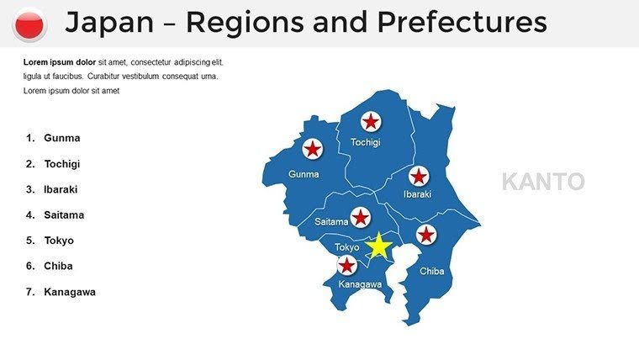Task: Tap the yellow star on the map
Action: click(379, 246)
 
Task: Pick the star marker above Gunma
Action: click(312, 149)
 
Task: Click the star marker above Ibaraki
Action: click(418, 176)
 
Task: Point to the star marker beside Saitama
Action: click(361, 218)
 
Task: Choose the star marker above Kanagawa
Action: click(346, 266)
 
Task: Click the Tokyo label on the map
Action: click(346, 247)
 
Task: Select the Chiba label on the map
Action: click(431, 271)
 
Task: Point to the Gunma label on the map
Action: click(304, 175)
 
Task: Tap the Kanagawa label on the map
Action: click(360, 284)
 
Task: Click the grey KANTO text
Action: click(542, 181)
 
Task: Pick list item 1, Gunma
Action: click(61, 138)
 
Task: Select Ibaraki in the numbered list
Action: click(61, 189)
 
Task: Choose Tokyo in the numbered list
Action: click(59, 241)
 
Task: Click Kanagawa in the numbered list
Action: click(70, 292)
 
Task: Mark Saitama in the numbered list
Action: click(64, 214)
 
